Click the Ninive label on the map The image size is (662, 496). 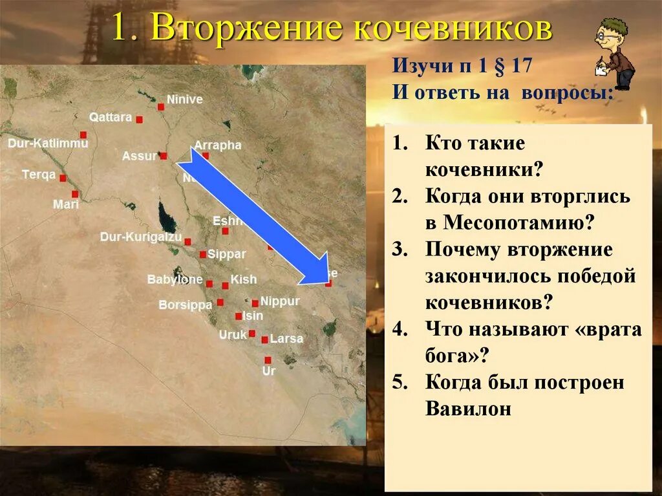click(185, 100)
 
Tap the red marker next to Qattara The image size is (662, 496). click(139, 120)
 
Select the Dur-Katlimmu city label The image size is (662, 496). click(48, 143)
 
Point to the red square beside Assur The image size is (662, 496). click(164, 156)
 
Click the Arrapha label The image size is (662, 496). click(218, 146)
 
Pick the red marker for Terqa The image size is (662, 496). click(63, 178)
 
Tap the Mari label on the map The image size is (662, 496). click(66, 204)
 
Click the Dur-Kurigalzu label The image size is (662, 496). click(141, 237)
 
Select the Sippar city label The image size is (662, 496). click(227, 254)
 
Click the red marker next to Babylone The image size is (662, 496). click(209, 283)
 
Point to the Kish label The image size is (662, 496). click(244, 279)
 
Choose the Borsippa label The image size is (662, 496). click(186, 305)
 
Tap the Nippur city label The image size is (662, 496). click(280, 301)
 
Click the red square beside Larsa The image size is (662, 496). click(264, 340)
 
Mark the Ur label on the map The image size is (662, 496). click(269, 371)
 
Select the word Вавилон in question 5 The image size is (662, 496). click(469, 409)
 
